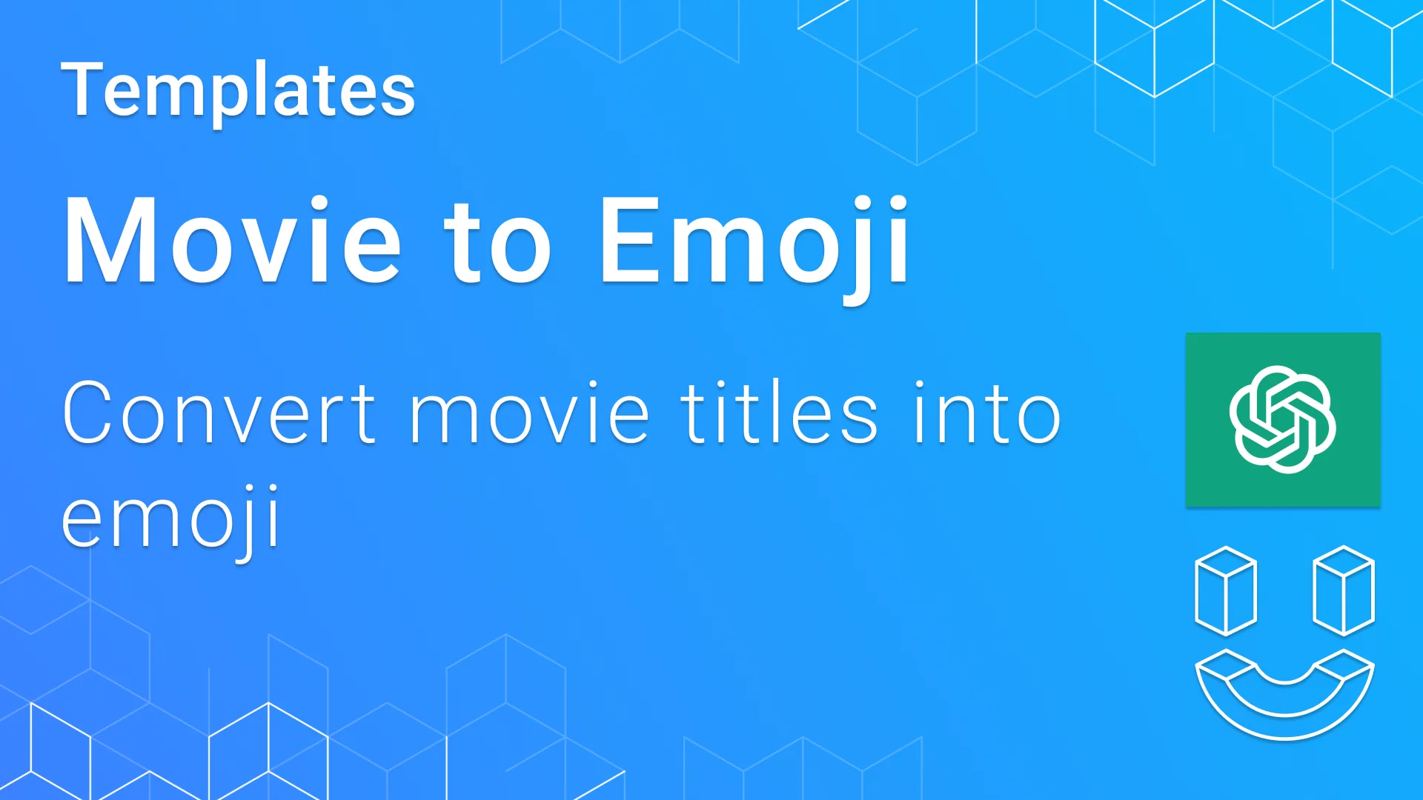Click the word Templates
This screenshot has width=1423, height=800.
pos(238,91)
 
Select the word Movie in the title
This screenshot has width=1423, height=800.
pos(232,241)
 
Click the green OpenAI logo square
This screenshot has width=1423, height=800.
pos(1282,419)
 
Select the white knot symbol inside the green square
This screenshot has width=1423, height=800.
pos(1282,419)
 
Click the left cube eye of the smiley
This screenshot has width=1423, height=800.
pos(1225,591)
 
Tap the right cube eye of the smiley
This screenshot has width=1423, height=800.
pos(1344,591)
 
